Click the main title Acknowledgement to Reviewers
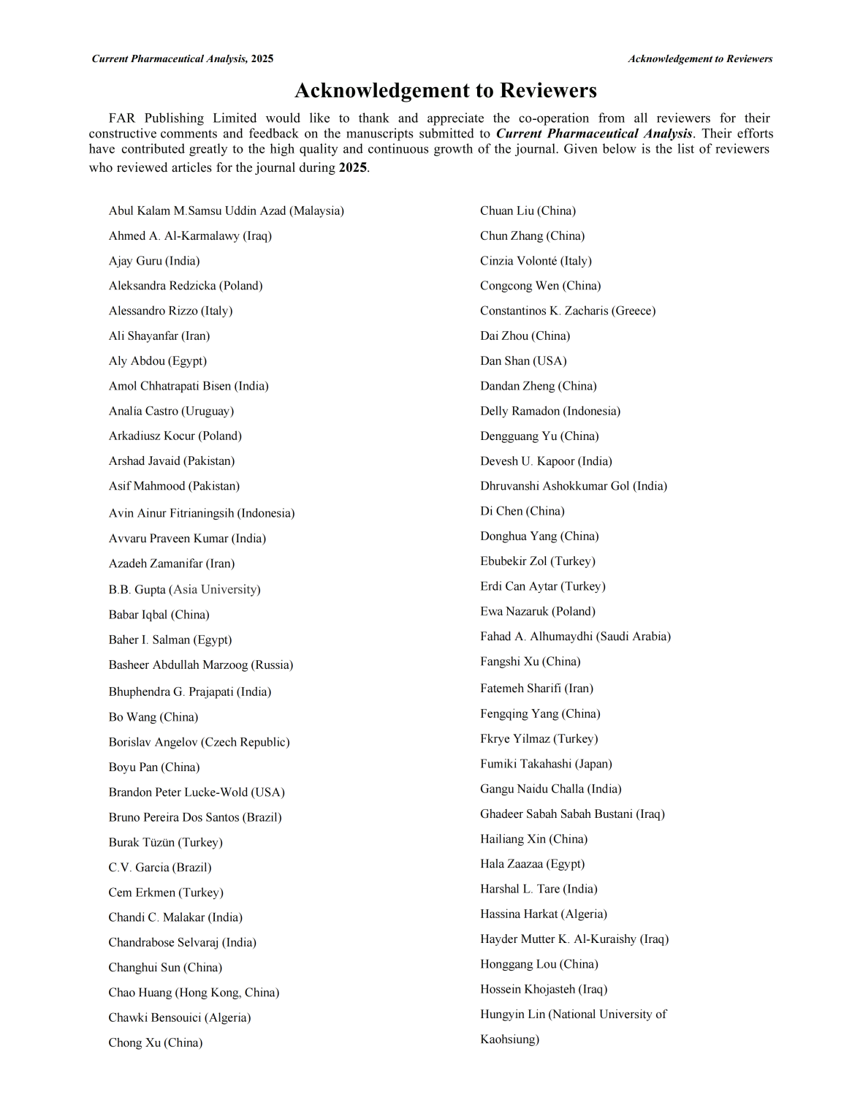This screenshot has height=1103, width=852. click(x=445, y=91)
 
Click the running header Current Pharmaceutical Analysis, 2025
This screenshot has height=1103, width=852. click(x=182, y=59)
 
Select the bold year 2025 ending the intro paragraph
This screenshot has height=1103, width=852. click(x=352, y=167)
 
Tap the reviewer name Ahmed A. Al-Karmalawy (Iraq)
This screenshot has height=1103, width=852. click(x=190, y=236)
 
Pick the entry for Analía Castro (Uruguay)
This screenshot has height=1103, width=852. click(x=171, y=411)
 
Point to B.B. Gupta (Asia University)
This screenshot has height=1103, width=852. click(x=184, y=589)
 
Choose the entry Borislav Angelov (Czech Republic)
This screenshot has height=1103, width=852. click(x=199, y=742)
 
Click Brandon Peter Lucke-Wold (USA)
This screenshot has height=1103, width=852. click(x=197, y=792)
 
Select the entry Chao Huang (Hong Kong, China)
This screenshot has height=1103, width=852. click(x=194, y=993)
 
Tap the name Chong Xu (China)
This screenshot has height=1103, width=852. click(x=155, y=1042)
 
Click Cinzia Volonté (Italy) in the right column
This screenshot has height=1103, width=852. click(x=536, y=261)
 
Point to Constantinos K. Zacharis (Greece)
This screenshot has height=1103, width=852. click(x=568, y=311)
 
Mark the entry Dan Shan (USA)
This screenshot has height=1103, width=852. click(x=523, y=361)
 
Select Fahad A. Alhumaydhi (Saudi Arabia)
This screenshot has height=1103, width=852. click(x=575, y=637)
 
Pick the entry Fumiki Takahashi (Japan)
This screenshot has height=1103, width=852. click(x=546, y=764)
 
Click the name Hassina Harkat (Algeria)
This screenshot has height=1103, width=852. click(x=544, y=914)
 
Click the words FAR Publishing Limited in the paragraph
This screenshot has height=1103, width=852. click(x=183, y=118)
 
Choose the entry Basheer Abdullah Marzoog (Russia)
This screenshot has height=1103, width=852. click(x=201, y=665)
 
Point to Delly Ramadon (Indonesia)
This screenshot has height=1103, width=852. click(x=550, y=411)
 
